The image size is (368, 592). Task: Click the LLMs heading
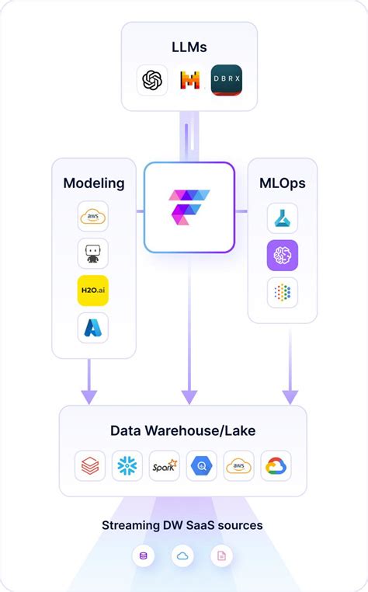click(189, 47)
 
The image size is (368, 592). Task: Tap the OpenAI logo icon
click(152, 80)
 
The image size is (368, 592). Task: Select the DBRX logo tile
click(227, 80)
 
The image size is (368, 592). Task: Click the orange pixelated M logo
click(189, 80)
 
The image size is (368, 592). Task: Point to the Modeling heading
click(94, 183)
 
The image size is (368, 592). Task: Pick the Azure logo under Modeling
click(93, 327)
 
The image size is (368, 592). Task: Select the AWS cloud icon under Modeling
click(93, 216)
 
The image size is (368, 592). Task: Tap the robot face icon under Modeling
click(93, 253)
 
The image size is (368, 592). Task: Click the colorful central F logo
click(189, 208)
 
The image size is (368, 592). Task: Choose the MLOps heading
click(282, 183)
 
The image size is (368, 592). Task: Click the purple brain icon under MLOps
click(282, 255)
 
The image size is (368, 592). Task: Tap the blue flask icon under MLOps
click(282, 218)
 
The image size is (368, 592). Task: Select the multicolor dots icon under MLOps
click(282, 292)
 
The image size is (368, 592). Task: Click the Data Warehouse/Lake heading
click(182, 430)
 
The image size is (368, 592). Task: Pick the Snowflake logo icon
click(127, 465)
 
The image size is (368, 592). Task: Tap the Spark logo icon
click(165, 465)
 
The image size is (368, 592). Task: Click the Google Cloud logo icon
click(276, 465)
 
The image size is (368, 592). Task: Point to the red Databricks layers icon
click(90, 465)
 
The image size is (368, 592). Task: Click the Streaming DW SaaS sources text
click(182, 525)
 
